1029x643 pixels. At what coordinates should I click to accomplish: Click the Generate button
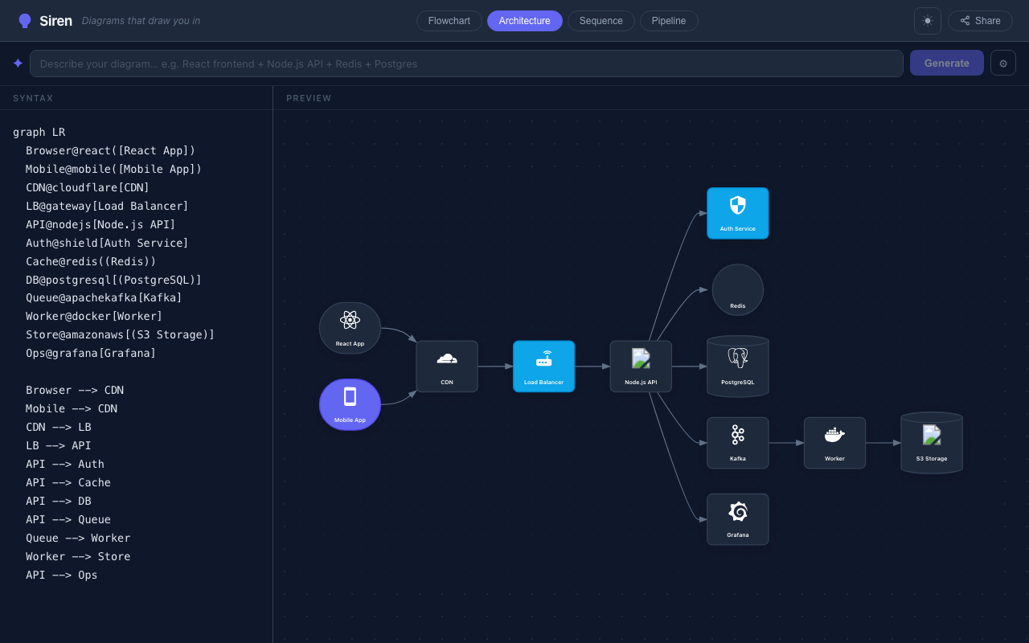pos(946,63)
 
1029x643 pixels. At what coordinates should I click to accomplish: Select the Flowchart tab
pos(449,21)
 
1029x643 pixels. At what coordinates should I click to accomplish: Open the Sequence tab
pos(601,21)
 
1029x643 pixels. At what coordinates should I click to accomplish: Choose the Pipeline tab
pos(668,21)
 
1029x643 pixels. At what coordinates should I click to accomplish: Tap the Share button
pos(980,21)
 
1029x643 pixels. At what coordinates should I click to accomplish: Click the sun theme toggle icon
pos(928,21)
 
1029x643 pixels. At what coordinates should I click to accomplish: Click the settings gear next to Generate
pos(1002,63)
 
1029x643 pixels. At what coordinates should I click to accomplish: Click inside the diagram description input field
pos(466,63)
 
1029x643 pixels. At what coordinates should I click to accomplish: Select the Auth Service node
pos(738,213)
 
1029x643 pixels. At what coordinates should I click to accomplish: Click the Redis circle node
pos(738,290)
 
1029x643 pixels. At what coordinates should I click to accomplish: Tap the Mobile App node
pos(350,404)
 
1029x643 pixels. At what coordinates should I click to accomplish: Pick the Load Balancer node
pos(544,366)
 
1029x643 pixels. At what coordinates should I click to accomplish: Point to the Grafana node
pos(738,519)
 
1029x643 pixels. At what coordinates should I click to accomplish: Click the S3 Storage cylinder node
pos(932,443)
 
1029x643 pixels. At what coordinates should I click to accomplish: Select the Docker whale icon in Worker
pos(834,435)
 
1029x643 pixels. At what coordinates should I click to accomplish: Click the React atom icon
pos(350,320)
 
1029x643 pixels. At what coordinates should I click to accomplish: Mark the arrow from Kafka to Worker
pos(786,443)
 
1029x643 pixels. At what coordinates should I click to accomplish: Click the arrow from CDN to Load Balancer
pos(495,366)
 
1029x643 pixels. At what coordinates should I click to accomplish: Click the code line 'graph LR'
pos(39,133)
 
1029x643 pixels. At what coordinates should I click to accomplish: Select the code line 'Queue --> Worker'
pos(78,538)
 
